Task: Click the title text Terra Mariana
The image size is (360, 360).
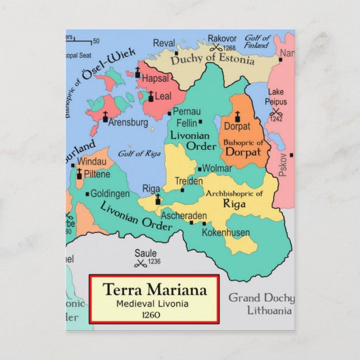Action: (x=154, y=290)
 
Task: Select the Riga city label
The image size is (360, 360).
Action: (x=151, y=188)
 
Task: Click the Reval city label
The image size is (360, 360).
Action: (x=164, y=43)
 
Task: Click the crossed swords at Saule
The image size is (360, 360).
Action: (x=141, y=263)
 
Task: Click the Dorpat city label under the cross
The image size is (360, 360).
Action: (x=237, y=126)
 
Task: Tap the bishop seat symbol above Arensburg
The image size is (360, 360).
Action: (x=105, y=116)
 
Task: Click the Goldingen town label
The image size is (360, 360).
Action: (x=110, y=194)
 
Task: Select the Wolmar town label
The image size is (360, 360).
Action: (x=217, y=168)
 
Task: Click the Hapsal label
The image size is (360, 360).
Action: (x=155, y=79)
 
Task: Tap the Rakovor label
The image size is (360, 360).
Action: (x=222, y=39)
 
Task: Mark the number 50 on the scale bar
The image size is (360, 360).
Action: (x=96, y=41)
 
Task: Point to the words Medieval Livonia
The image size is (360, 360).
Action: (x=153, y=304)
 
